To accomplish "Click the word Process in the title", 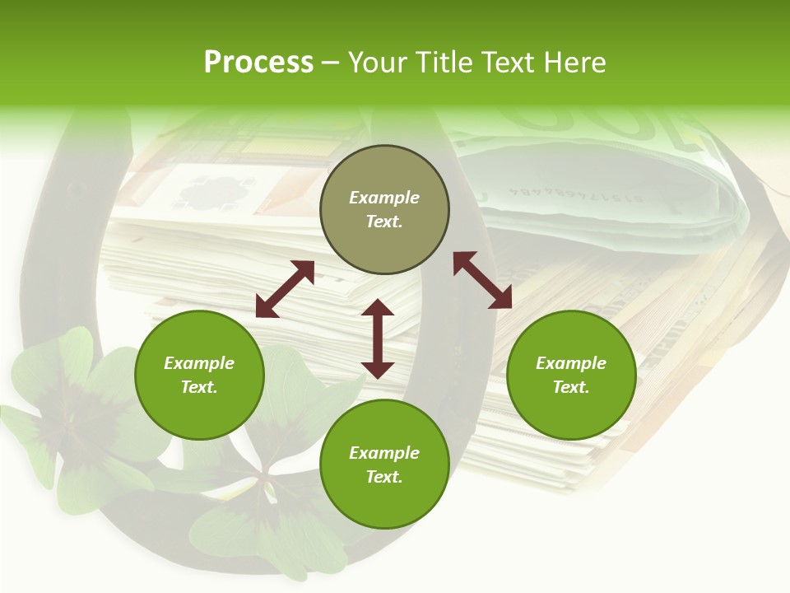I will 258,63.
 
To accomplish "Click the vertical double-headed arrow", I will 378,339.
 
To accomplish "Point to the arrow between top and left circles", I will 285,289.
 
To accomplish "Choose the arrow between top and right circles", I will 482,280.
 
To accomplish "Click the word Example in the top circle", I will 384,198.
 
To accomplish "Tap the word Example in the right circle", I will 571,363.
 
